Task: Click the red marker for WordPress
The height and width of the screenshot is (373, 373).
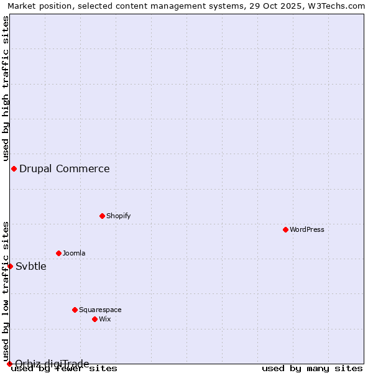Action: [x=285, y=229]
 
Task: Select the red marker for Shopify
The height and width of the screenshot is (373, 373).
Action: [x=102, y=216]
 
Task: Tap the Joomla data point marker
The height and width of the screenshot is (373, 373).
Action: [x=58, y=253]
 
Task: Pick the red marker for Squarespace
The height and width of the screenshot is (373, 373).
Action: [x=75, y=310]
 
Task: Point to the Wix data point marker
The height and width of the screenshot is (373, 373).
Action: [x=94, y=319]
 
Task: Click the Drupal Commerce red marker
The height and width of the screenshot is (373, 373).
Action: [x=14, y=168]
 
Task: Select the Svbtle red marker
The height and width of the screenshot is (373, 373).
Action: [x=10, y=266]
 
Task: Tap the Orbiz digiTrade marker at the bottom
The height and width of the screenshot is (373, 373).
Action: [x=9, y=364]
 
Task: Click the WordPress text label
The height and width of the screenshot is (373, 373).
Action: [x=307, y=229]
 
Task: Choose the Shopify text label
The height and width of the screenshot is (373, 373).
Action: [x=118, y=216]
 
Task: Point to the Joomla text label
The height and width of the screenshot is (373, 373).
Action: [x=74, y=253]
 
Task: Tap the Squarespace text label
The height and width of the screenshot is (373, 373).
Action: [x=100, y=310]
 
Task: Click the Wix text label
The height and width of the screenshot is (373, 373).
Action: [x=104, y=319]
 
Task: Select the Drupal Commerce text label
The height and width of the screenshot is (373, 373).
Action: [x=65, y=168]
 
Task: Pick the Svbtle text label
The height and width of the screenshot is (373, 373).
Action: [x=31, y=266]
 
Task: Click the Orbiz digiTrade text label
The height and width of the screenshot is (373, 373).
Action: [x=52, y=364]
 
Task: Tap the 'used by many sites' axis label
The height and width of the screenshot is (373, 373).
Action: [x=312, y=368]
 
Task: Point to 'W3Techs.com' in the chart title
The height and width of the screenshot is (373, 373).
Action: [x=338, y=6]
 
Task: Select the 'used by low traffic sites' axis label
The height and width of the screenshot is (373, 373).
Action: [x=6, y=292]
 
